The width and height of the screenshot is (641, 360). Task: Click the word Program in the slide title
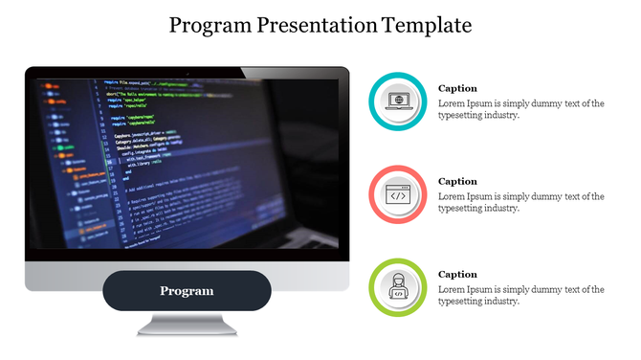pyautogui.click(x=210, y=26)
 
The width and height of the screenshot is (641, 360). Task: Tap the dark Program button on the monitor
pyautogui.click(x=187, y=291)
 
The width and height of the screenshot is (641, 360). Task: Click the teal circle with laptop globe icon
pyautogui.click(x=397, y=100)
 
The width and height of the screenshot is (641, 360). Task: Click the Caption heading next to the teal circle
pyautogui.click(x=457, y=88)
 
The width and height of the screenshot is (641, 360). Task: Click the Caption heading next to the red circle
pyautogui.click(x=457, y=181)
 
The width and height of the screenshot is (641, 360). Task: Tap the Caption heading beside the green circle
pyautogui.click(x=457, y=274)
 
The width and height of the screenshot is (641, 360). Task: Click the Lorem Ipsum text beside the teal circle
pyautogui.click(x=520, y=109)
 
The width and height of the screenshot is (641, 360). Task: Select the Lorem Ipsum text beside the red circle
pyautogui.click(x=520, y=202)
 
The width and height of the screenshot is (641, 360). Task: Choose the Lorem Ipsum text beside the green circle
pyautogui.click(x=520, y=295)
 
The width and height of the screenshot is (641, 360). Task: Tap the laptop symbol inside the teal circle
pyautogui.click(x=397, y=101)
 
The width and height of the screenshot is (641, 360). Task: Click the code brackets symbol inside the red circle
pyautogui.click(x=397, y=194)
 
